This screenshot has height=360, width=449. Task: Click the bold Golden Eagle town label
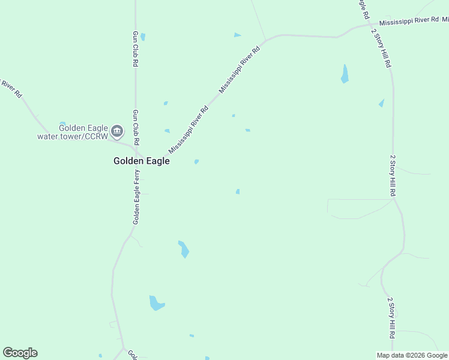pos(142,161)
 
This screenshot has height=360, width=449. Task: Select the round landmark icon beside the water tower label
pos(117,131)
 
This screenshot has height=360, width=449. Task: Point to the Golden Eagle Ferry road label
pos(137,197)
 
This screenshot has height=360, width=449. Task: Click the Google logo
pos(20,353)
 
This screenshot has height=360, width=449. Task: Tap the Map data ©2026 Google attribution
pos(412,355)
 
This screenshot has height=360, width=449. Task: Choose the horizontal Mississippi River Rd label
pos(409,20)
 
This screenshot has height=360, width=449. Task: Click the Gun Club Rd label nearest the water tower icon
pos(136,127)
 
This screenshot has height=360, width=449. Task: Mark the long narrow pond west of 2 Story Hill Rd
pos(345,74)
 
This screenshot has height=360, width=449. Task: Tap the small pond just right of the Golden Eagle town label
pos(196,161)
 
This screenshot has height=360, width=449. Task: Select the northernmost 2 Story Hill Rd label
pos(381,48)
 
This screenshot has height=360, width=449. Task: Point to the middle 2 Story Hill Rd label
pos(393,176)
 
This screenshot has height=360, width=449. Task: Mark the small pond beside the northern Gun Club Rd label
pos(143,37)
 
